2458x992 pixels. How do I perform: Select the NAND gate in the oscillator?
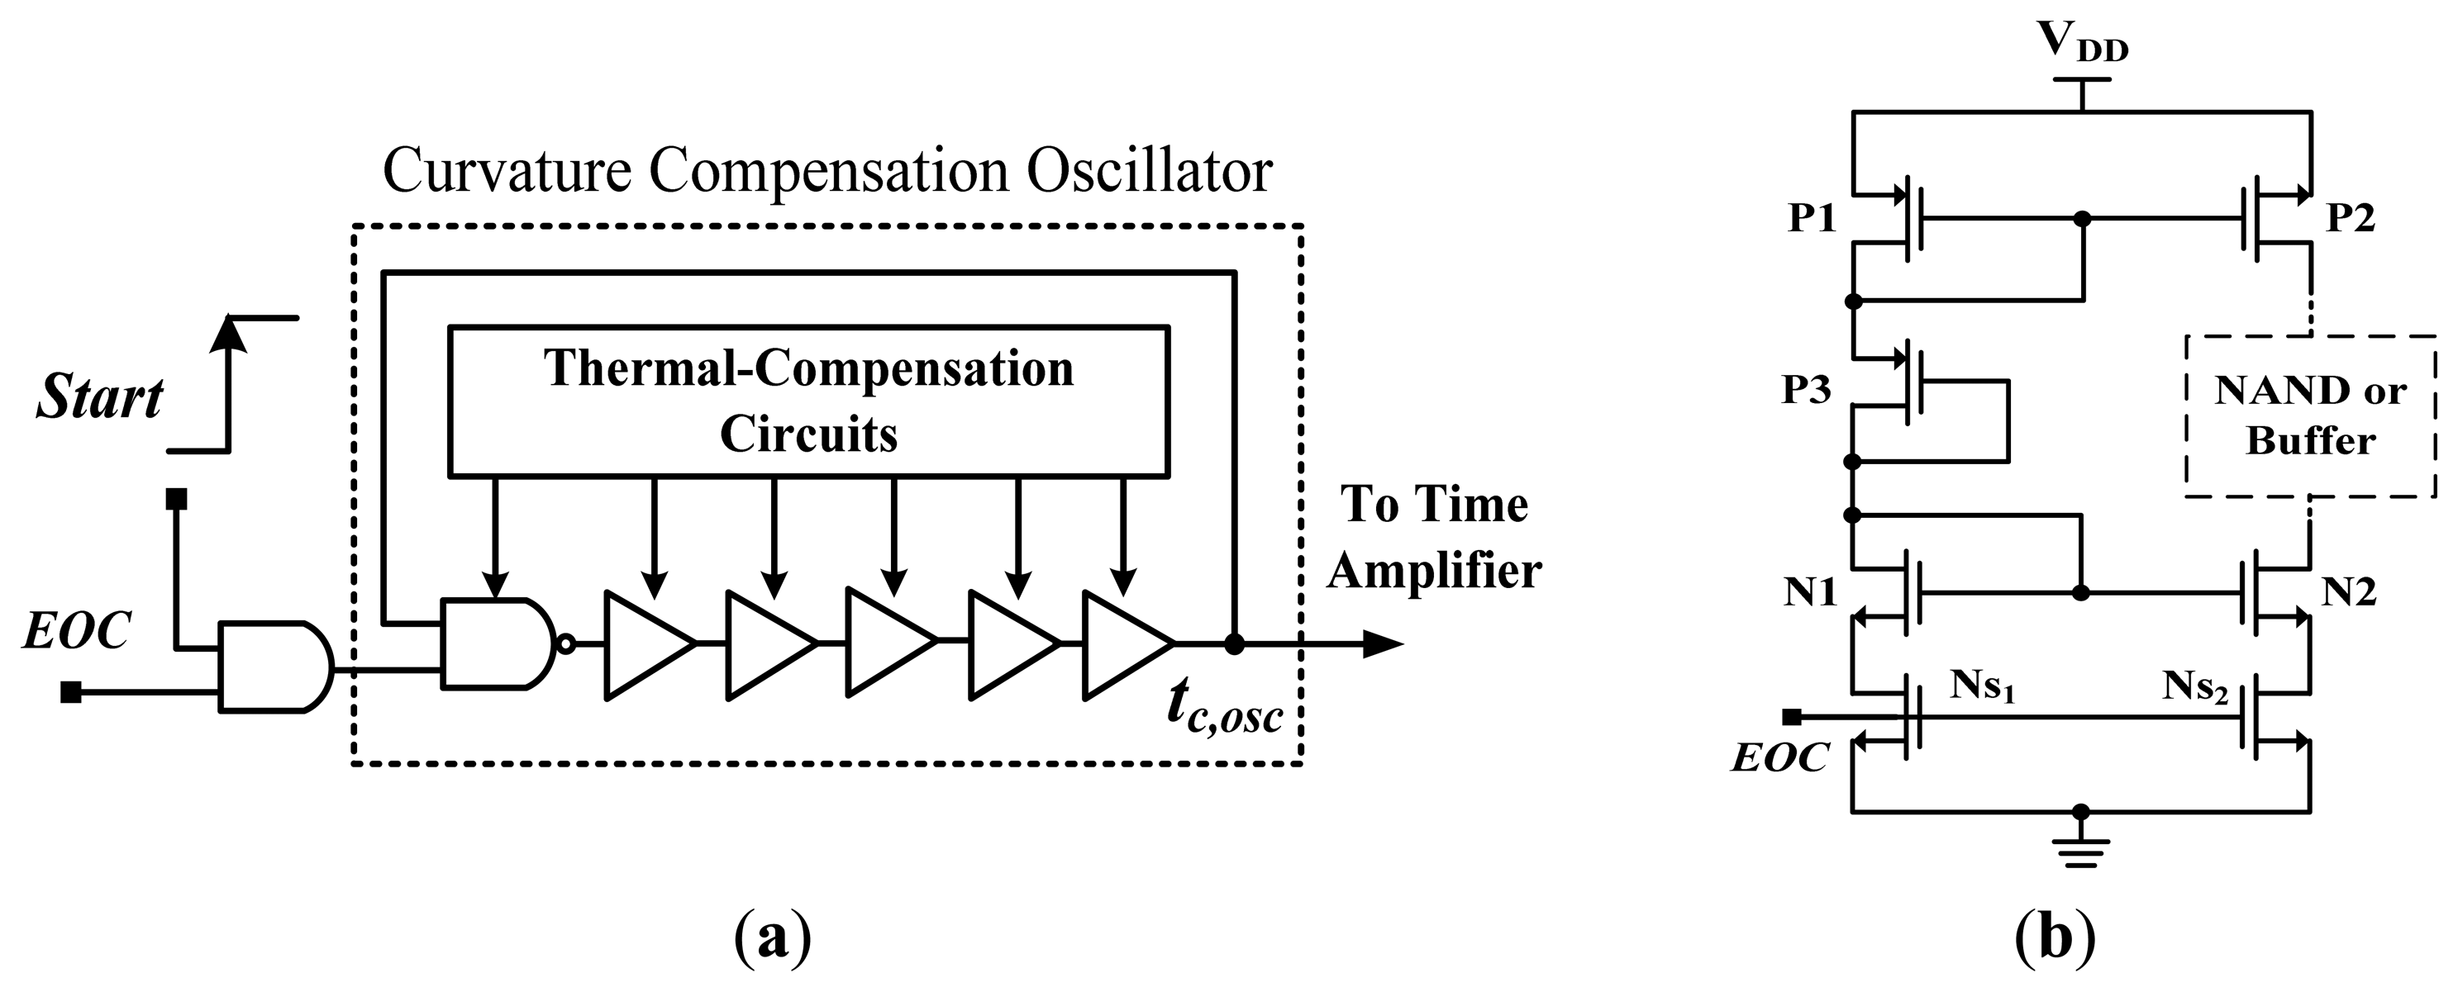[x=496, y=643]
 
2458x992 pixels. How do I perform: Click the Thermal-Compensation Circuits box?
[x=808, y=401]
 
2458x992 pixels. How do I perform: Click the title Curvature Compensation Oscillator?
[x=827, y=172]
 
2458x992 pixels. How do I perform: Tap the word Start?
[x=99, y=398]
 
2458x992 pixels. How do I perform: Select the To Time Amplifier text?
[x=1433, y=537]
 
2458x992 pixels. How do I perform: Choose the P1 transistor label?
[x=1812, y=218]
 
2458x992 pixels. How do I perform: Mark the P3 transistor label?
[x=1806, y=390]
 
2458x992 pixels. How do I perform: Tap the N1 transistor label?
[x=1810, y=592]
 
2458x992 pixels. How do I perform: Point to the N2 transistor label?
[x=2348, y=592]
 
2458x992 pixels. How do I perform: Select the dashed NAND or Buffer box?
[x=2309, y=415]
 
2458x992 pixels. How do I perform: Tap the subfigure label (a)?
[x=773, y=938]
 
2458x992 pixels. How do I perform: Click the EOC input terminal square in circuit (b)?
[x=1792, y=716]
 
